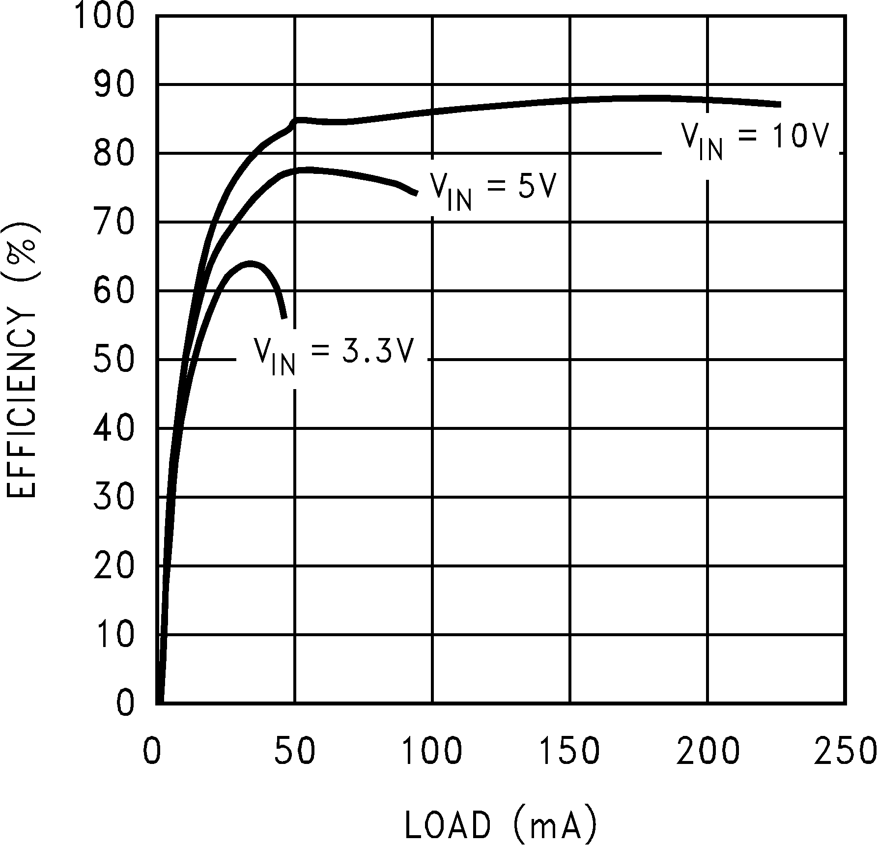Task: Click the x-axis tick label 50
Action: click(294, 751)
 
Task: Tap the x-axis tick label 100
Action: click(432, 751)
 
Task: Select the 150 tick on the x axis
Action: click(569, 751)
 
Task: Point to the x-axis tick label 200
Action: click(707, 751)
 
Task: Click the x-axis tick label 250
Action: click(845, 751)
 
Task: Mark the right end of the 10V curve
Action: click(780, 104)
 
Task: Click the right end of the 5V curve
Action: click(417, 193)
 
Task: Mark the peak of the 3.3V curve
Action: click(250, 264)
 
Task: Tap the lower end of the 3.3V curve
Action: click(284, 318)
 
